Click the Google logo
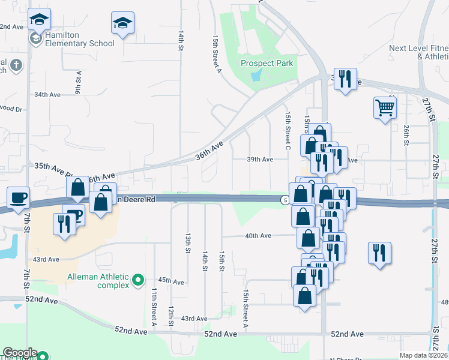coord(19,353)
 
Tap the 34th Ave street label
coord(47,95)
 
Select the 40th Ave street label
coord(258,236)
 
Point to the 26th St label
coord(406,135)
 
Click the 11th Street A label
coord(154,301)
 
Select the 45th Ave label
coord(171,280)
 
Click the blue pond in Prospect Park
coord(257,74)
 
